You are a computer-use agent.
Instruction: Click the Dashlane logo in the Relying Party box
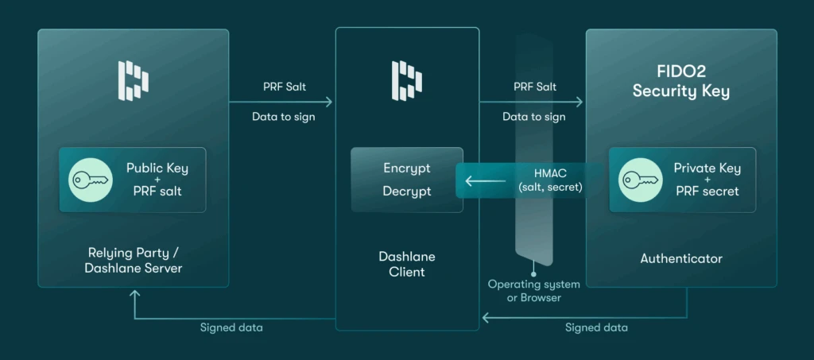[x=133, y=80]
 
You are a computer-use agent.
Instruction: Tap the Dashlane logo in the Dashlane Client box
[x=407, y=80]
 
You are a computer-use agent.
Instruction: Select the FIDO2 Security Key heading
[x=680, y=83]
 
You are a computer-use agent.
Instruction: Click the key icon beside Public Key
[x=88, y=180]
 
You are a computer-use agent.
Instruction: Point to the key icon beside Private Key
[x=638, y=180]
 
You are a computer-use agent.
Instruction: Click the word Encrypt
[x=406, y=168]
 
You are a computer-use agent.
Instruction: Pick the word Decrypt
[x=406, y=192]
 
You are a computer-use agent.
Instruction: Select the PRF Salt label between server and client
[x=282, y=87]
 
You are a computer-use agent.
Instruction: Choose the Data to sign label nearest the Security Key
[x=533, y=117]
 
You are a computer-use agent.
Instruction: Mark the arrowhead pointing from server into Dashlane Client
[x=328, y=102]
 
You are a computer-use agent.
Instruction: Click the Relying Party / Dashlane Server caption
[x=133, y=260]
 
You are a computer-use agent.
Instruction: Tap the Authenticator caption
[x=680, y=258]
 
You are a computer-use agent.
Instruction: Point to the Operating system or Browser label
[x=533, y=291]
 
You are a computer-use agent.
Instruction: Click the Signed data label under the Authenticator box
[x=596, y=327]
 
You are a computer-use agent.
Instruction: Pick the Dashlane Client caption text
[x=406, y=265]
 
